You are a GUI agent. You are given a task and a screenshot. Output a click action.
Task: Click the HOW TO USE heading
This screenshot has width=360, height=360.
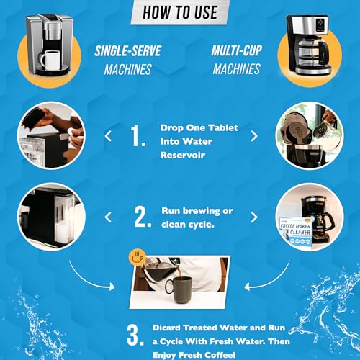[179, 12]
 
